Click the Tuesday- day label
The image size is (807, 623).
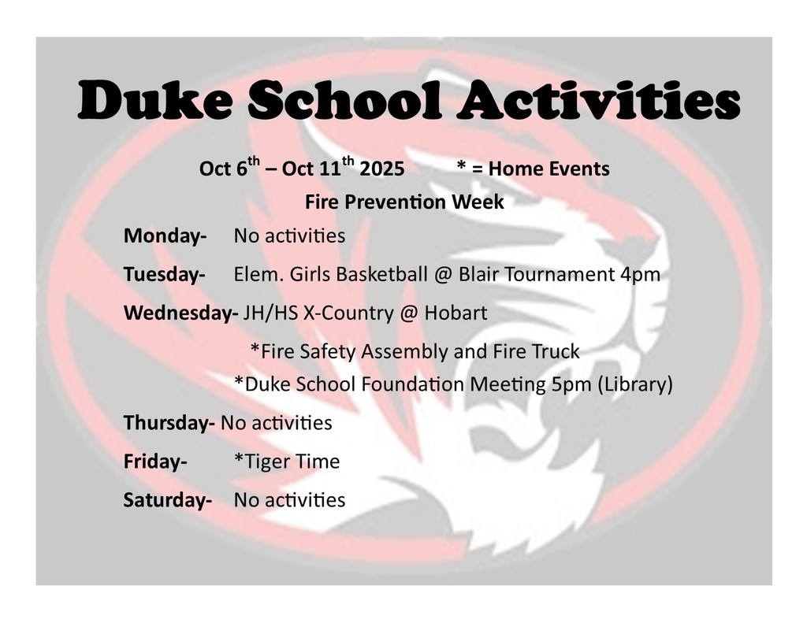click(164, 275)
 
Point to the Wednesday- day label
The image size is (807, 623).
click(180, 313)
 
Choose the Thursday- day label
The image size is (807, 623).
click(169, 423)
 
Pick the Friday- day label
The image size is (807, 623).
click(155, 462)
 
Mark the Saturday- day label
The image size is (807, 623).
click(167, 500)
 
